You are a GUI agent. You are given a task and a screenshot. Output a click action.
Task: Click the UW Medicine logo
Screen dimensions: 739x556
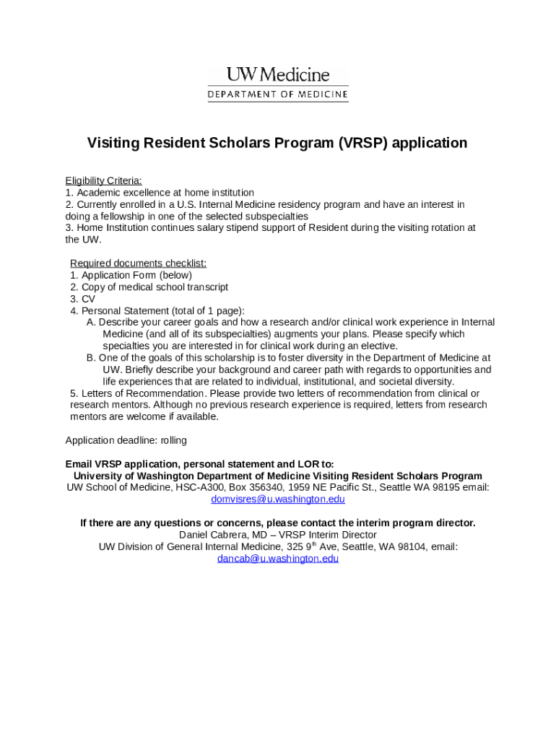coord(278,75)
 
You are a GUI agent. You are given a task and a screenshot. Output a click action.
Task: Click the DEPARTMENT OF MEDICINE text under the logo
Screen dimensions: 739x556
coord(278,95)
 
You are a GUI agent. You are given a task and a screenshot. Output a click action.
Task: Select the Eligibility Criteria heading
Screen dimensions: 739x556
coord(103,180)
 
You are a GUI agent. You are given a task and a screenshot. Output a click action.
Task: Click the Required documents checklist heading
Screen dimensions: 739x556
coord(138,263)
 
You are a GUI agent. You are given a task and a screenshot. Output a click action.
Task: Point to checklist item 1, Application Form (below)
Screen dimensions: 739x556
coord(131,275)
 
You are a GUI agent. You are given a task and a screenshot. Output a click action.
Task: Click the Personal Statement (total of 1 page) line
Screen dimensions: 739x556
coord(157,310)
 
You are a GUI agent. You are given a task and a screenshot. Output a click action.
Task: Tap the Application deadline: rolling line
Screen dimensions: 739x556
coord(126,440)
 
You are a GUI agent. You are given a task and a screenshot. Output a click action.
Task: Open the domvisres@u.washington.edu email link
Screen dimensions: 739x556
coord(278,499)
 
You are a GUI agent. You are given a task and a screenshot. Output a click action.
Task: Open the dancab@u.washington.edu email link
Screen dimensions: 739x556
coord(278,559)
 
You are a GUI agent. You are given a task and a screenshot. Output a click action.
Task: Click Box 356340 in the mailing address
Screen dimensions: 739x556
coord(255,487)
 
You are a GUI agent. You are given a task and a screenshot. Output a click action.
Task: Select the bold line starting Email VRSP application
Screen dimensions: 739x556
coord(199,464)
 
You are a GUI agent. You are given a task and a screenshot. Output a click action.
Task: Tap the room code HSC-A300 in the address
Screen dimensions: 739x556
coord(201,487)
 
